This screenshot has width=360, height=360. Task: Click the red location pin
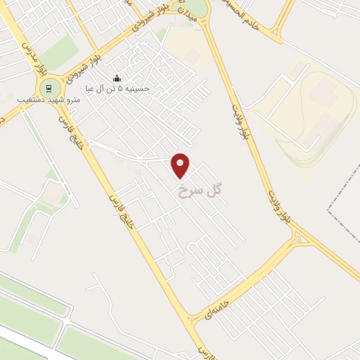[181, 165]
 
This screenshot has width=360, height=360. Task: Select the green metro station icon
[49, 88]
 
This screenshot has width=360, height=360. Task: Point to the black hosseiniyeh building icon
[117, 78]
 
